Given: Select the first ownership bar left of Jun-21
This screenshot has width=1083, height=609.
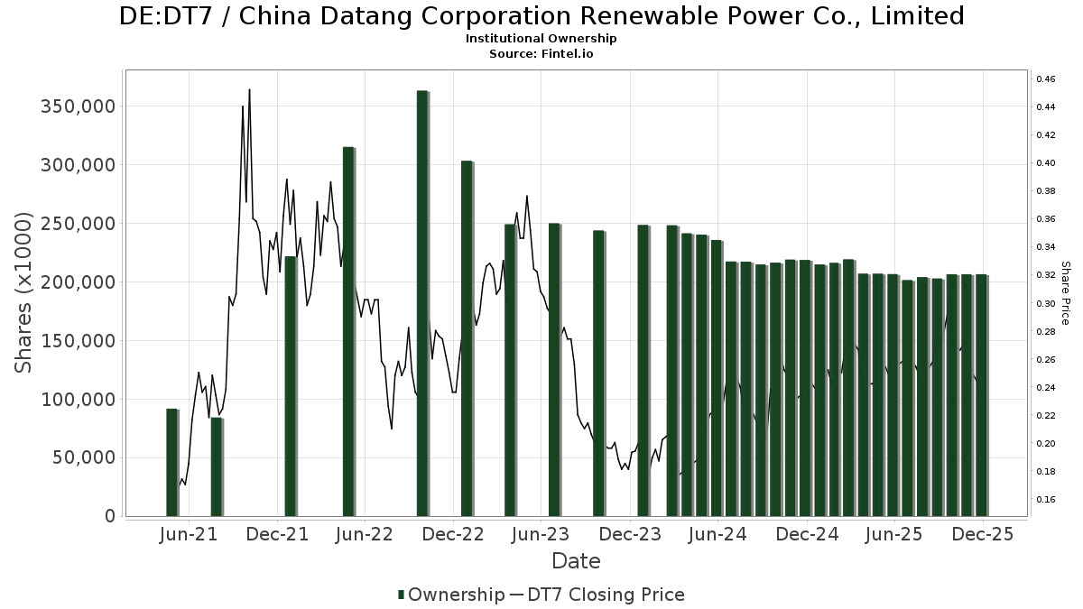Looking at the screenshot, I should point(171,462).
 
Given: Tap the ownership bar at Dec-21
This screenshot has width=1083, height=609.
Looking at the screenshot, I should point(290,386).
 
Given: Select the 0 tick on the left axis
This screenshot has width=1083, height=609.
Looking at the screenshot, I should point(110,516).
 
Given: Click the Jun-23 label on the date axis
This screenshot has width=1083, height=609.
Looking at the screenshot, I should point(541,534).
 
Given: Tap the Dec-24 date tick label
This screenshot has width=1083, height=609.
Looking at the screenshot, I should point(807,534).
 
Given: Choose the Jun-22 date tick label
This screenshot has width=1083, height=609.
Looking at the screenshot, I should point(364,534).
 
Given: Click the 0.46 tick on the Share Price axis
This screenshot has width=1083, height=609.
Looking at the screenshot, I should point(1046,79).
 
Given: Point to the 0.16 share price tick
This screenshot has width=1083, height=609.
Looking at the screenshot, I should point(1046,499).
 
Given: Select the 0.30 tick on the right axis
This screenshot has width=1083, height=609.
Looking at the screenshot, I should point(1046,303).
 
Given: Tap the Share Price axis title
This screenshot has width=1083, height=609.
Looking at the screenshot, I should point(1065,293).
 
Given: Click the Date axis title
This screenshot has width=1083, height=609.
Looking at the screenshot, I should point(576,561).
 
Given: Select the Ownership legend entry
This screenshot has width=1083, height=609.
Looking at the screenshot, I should point(451,595).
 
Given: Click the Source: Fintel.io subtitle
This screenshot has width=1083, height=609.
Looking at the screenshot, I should point(541,53).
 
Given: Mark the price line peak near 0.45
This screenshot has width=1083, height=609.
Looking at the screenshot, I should point(249,89).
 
